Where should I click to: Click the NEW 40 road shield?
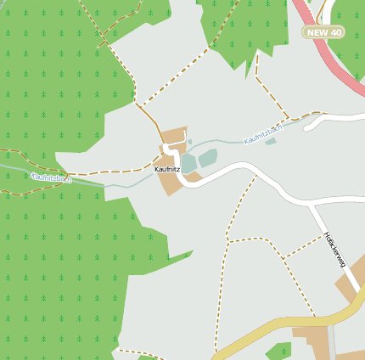tap(323, 32)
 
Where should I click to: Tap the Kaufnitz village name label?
tap(167, 169)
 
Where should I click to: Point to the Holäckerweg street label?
tap(334, 250)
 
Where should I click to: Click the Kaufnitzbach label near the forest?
tap(51, 178)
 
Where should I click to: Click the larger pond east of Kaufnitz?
tap(207, 157)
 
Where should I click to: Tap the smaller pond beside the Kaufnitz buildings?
tap(188, 162)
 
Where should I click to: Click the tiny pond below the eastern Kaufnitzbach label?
tap(270, 141)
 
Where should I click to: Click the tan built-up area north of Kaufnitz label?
tap(174, 136)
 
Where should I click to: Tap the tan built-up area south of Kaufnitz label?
tap(171, 183)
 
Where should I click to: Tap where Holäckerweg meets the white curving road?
tap(309, 205)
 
